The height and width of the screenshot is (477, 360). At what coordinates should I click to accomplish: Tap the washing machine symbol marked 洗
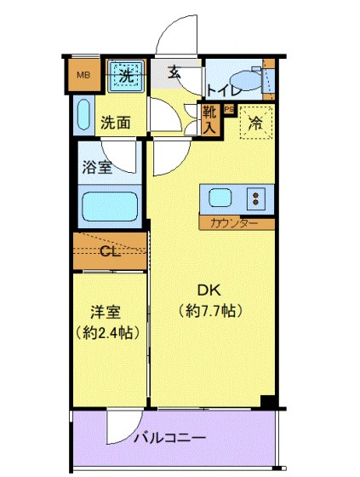[x=126, y=75]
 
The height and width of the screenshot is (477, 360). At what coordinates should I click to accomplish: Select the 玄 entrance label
[x=174, y=72]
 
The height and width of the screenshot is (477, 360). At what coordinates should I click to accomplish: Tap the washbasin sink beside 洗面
[x=83, y=115]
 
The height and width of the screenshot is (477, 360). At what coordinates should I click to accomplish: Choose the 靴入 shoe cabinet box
[x=209, y=118]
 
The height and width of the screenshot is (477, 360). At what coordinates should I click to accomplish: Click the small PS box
[x=228, y=109]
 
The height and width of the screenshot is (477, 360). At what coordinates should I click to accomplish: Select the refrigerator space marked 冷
[x=255, y=122]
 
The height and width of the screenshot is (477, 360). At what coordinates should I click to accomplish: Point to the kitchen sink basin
[x=220, y=199]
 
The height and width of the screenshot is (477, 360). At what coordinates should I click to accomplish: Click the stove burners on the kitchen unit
[x=254, y=199]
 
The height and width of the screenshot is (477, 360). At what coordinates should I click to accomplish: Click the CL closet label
[x=110, y=250]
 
